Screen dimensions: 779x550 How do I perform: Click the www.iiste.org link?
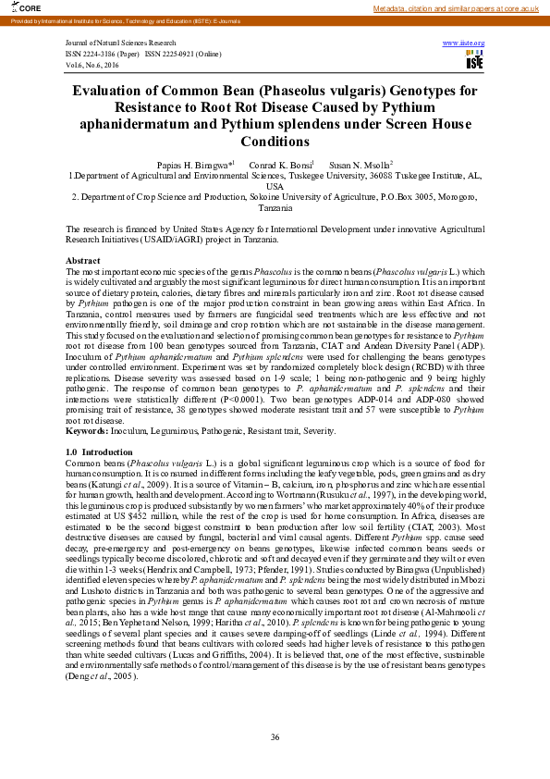pos(464,43)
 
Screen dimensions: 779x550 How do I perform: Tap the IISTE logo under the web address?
pos(474,60)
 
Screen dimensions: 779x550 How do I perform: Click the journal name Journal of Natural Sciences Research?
pos(120,43)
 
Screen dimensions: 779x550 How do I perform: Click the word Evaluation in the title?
pos(112,91)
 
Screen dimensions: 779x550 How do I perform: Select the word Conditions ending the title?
pos(275,142)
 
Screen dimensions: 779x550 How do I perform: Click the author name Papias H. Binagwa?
pos(196,163)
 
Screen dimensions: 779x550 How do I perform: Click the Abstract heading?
pos(83,262)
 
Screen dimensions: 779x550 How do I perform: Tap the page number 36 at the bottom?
pos(275,736)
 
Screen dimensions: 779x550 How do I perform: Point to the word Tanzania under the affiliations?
pos(275,209)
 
